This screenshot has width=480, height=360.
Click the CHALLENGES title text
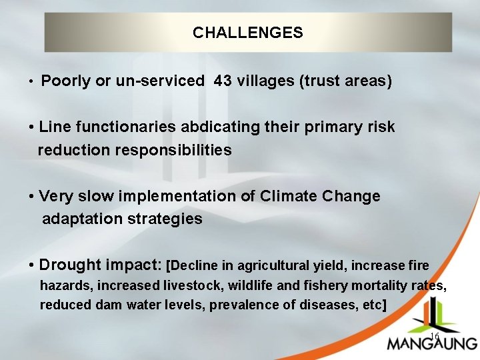[x=247, y=33]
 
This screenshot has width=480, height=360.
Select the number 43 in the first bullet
[x=223, y=82]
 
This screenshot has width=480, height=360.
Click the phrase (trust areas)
[x=346, y=82]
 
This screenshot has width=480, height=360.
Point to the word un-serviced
[x=161, y=82]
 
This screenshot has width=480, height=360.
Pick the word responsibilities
[x=173, y=150]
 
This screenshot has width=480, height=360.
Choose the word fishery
[x=336, y=285]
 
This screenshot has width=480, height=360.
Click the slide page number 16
[x=434, y=337]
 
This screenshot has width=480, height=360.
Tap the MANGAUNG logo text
[x=431, y=344]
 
